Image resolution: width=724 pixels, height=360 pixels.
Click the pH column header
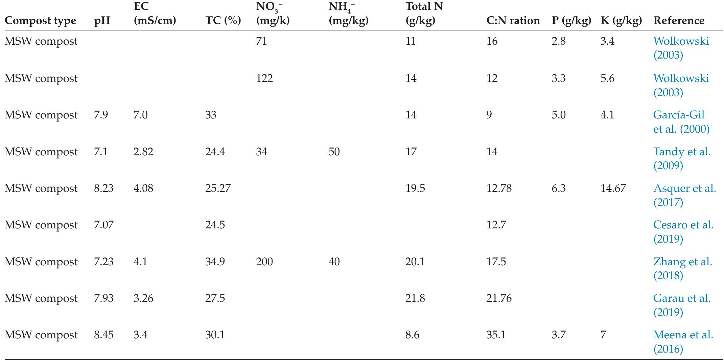pos(102,21)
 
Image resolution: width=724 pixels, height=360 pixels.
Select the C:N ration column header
pos(513,21)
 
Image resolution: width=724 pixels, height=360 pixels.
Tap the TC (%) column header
pos(223,21)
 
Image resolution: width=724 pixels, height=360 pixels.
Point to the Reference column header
pos(679,21)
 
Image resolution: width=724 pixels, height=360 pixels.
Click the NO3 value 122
pos(264,78)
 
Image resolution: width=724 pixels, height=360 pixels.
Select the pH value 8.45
pos(104,335)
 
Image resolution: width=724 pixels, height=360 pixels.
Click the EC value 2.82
pos(143,152)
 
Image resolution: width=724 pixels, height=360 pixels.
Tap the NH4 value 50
pos(334,152)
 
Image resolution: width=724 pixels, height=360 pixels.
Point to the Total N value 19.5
pos(415,188)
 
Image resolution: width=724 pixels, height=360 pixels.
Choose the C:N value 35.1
pos(496,335)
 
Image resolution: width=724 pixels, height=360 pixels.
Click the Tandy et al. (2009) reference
pos(681,158)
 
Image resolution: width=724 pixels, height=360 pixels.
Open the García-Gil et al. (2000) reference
pos(681,122)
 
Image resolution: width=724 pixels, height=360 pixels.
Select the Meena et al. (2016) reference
pos(683,341)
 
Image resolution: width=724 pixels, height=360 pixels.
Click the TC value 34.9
pos(215,262)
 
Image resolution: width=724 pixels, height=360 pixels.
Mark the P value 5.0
pos(559,115)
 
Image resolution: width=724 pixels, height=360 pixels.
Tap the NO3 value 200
pos(264,262)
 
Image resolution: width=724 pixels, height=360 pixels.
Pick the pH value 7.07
pos(104,225)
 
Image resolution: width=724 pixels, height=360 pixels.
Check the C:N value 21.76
pos(499,298)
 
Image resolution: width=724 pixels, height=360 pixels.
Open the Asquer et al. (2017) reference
pos(684,195)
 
